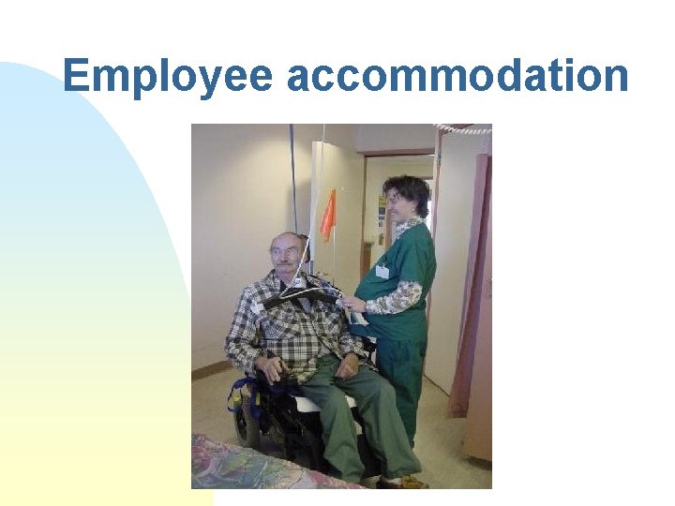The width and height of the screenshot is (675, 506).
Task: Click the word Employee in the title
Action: (169, 75)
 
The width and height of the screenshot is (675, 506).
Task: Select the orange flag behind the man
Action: (328, 216)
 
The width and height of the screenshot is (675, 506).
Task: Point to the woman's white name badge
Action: (382, 272)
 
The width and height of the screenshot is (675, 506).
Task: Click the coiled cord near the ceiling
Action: (464, 128)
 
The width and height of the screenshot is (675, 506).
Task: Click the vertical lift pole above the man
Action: (293, 178)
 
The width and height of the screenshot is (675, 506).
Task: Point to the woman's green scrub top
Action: (412, 262)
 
